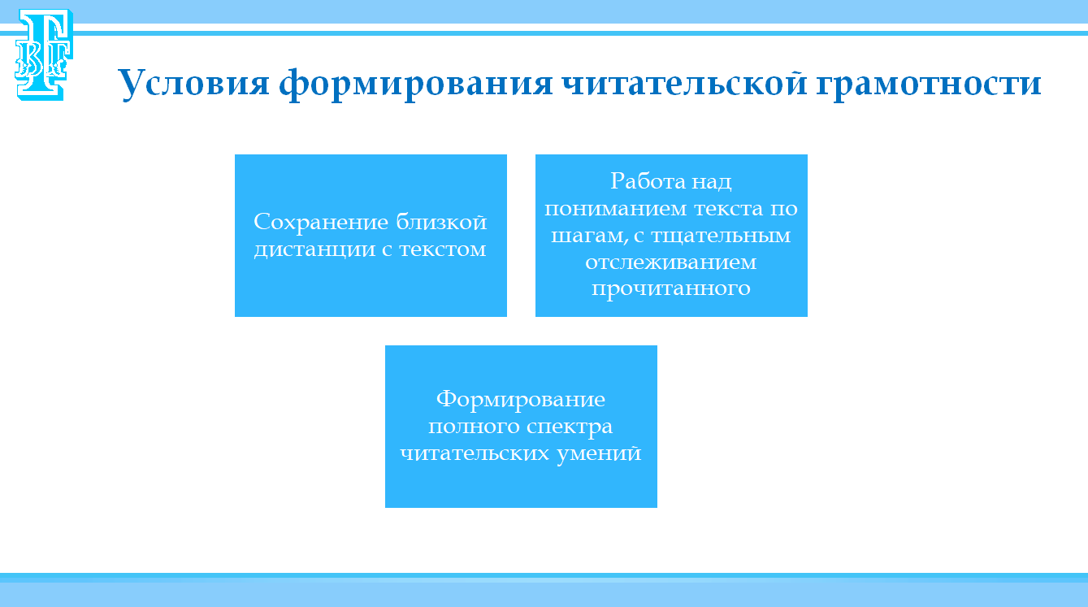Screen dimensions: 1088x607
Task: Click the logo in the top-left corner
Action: [x=44, y=54]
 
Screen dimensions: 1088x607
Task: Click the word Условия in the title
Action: [x=193, y=83]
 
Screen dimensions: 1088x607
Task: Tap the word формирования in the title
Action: [x=416, y=84]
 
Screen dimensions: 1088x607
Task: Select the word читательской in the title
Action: [x=684, y=83]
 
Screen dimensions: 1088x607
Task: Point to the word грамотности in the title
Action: [x=929, y=85]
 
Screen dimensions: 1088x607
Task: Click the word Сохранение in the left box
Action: [x=321, y=223]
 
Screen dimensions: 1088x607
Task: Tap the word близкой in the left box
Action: [x=441, y=222]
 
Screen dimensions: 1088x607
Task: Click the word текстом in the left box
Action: [x=443, y=249]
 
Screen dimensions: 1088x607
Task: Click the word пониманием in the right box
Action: [x=615, y=210]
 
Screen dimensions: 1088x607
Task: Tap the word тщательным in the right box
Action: [x=721, y=236]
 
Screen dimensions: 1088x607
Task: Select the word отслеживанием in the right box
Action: [x=671, y=262]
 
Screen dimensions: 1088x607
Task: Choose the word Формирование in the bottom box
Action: [x=521, y=400]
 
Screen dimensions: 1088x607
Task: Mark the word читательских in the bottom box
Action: [x=474, y=454]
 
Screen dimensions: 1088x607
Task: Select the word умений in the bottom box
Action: [x=599, y=454]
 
